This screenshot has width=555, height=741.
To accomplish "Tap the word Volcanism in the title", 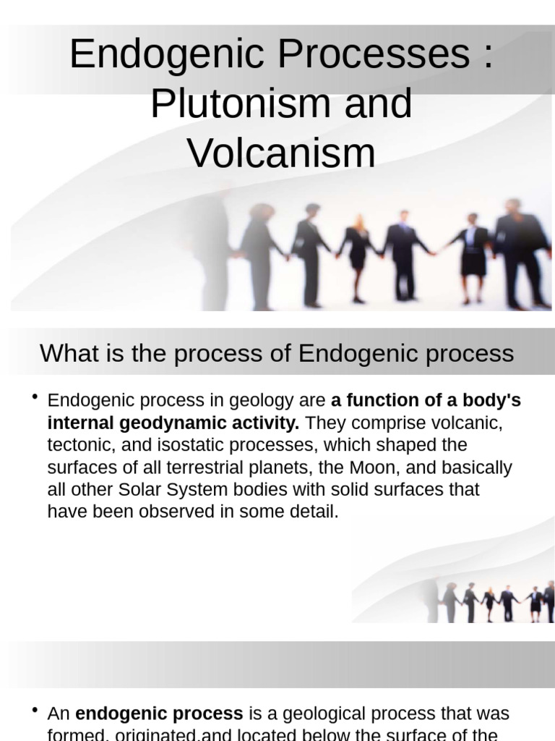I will click(281, 153).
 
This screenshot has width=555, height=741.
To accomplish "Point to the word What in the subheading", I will click(68, 354).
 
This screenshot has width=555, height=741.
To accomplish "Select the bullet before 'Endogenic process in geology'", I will click(35, 398).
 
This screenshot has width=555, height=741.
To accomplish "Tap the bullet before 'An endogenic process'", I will click(35, 711).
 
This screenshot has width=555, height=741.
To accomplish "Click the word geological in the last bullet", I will click(324, 714).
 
